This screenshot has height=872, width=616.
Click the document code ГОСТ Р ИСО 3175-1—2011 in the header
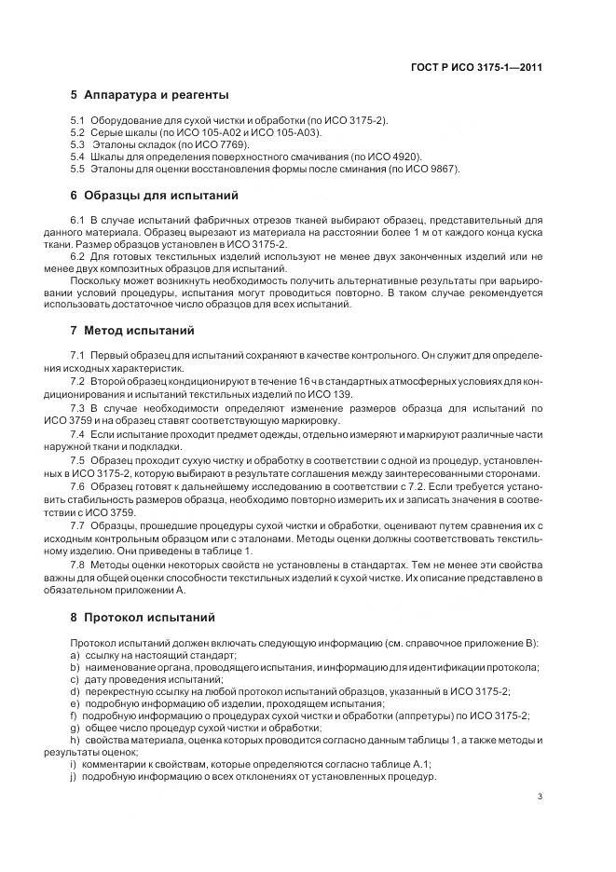(x=477, y=67)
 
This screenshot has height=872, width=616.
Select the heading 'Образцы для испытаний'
(x=155, y=196)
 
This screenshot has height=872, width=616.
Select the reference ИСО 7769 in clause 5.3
(x=230, y=145)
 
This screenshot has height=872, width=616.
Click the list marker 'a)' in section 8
(x=75, y=656)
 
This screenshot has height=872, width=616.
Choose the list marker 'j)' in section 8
(x=74, y=777)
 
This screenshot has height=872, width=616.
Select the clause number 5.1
(x=78, y=122)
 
